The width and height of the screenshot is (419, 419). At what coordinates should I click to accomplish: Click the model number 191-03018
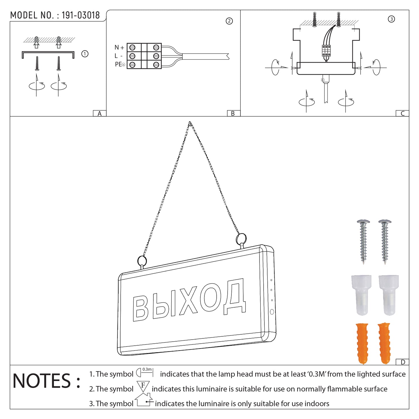click(81, 15)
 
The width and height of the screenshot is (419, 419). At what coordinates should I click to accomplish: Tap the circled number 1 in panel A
click(85, 54)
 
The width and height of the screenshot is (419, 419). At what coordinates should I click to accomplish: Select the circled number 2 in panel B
click(229, 21)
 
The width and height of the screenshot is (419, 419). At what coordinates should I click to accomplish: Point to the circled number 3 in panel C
click(391, 19)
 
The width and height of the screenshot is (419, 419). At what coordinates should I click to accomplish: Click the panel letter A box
click(99, 113)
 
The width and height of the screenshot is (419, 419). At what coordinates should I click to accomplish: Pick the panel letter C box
click(402, 113)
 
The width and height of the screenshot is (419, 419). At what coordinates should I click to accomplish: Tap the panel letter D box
click(402, 362)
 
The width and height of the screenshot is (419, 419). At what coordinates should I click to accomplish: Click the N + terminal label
click(119, 48)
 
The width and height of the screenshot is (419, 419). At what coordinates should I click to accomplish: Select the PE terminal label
click(119, 64)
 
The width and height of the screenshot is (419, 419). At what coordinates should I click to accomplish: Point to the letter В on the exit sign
click(140, 309)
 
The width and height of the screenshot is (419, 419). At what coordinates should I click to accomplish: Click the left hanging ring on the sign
click(142, 261)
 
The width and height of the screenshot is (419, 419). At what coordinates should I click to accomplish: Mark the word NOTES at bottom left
click(42, 381)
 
